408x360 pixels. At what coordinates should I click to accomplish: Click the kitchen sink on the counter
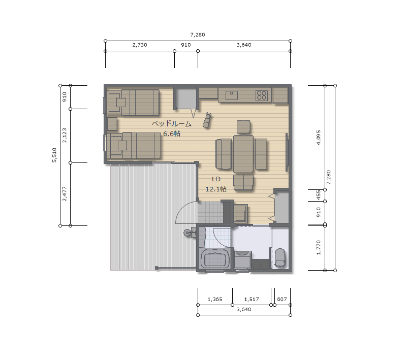point(232,95)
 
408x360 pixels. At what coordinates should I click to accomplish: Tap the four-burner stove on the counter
point(262,95)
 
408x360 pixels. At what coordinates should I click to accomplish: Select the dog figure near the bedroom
point(207,120)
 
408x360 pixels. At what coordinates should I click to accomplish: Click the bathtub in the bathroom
point(214,258)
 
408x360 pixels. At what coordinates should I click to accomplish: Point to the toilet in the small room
point(280,257)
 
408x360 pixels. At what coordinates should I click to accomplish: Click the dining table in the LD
point(243,154)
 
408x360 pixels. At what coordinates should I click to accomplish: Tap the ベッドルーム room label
point(172,123)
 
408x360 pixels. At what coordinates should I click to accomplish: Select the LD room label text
point(216,179)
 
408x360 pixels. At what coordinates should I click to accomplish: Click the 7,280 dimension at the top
point(198,35)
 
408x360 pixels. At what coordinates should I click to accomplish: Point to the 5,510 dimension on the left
point(54,155)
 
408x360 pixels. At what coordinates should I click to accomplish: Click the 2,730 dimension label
point(140,45)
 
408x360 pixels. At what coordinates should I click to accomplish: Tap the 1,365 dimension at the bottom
point(215,299)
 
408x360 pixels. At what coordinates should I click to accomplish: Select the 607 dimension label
point(282,299)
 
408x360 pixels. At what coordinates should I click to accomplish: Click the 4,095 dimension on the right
point(319,137)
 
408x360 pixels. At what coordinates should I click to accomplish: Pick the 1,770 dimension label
point(319,247)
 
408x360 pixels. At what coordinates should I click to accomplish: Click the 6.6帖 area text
point(172,134)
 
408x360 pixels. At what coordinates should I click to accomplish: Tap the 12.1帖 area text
point(216,189)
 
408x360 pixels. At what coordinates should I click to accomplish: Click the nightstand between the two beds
point(112,124)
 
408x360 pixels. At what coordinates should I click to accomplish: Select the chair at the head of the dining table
point(243,127)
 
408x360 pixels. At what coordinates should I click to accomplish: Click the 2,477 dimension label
point(65,194)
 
